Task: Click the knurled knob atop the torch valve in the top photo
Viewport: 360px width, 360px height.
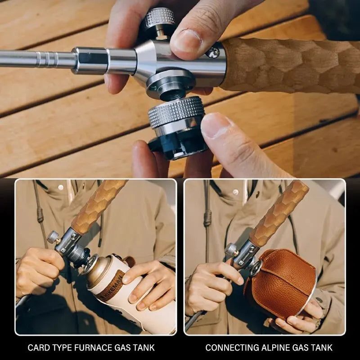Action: tap(160, 18)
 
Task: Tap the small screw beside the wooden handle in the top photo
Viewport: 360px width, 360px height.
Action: tap(212, 53)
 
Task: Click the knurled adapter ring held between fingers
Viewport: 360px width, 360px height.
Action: tap(176, 111)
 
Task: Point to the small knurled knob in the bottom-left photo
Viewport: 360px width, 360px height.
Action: tap(53, 237)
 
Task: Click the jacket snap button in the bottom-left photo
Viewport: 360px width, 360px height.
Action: tap(61, 188)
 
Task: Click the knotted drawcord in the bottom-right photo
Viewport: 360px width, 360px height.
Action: tap(207, 218)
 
